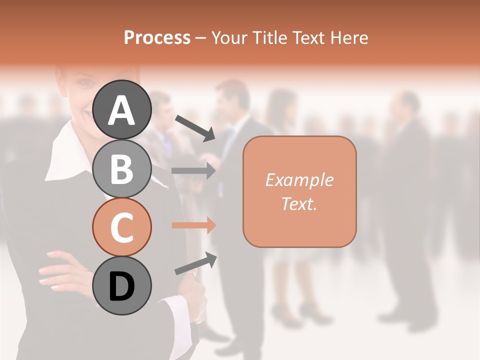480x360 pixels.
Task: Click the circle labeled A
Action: (x=122, y=109)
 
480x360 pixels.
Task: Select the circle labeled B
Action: (x=122, y=168)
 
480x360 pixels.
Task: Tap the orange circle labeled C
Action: (x=122, y=227)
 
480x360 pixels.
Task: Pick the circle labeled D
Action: (x=122, y=285)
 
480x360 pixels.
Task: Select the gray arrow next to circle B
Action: (x=193, y=171)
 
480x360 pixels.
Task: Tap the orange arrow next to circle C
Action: (x=193, y=225)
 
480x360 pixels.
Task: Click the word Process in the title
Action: (x=157, y=37)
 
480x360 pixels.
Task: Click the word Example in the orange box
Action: (x=299, y=180)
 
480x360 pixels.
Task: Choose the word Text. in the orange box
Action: (x=299, y=203)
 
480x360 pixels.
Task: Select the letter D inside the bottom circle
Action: (x=122, y=286)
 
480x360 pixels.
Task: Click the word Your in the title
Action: (x=227, y=37)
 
